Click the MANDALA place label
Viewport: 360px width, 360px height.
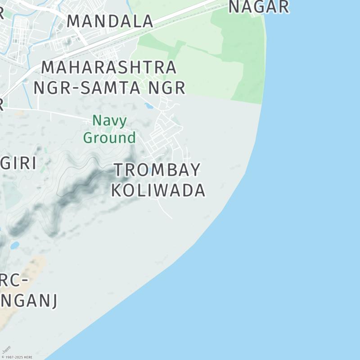click(x=110, y=21)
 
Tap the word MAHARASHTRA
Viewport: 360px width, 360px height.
click(x=109, y=67)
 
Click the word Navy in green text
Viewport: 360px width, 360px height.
click(x=109, y=121)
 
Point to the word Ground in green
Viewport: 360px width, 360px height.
click(x=109, y=137)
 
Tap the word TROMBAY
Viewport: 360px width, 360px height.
click(x=157, y=170)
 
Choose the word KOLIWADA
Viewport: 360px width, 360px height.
click(x=158, y=190)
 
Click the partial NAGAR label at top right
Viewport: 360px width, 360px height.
click(x=258, y=7)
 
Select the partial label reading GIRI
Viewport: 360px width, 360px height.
click(x=18, y=163)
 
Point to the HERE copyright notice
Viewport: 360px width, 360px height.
click(x=17, y=357)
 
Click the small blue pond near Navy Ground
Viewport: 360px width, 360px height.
click(x=148, y=106)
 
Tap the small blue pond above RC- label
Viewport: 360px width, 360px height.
click(x=15, y=245)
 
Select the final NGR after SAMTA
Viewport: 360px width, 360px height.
click(x=169, y=88)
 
